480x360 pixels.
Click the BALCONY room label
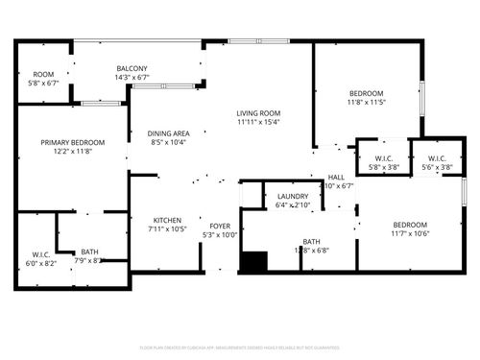(132, 69)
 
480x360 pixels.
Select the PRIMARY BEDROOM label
(72, 142)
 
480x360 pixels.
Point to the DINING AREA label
(168, 133)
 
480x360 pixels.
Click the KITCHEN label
(166, 219)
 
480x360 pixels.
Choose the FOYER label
(219, 226)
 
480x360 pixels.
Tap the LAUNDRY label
(292, 196)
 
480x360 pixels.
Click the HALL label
(336, 178)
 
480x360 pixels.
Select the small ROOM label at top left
(43, 74)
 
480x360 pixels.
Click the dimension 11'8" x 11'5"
(367, 102)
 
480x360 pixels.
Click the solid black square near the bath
(253, 262)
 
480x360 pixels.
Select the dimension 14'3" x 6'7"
(132, 79)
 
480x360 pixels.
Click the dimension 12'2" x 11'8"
(72, 152)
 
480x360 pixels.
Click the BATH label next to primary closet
(89, 251)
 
